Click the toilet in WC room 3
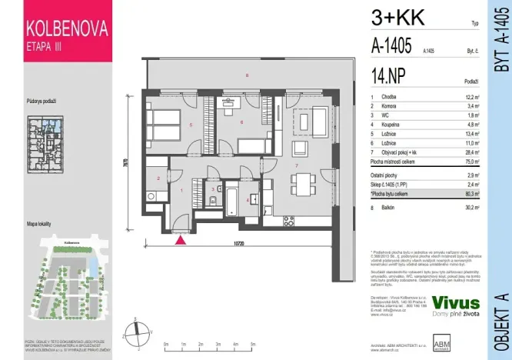[210, 202]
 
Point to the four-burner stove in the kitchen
[289, 221]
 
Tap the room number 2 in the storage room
[158, 178]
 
